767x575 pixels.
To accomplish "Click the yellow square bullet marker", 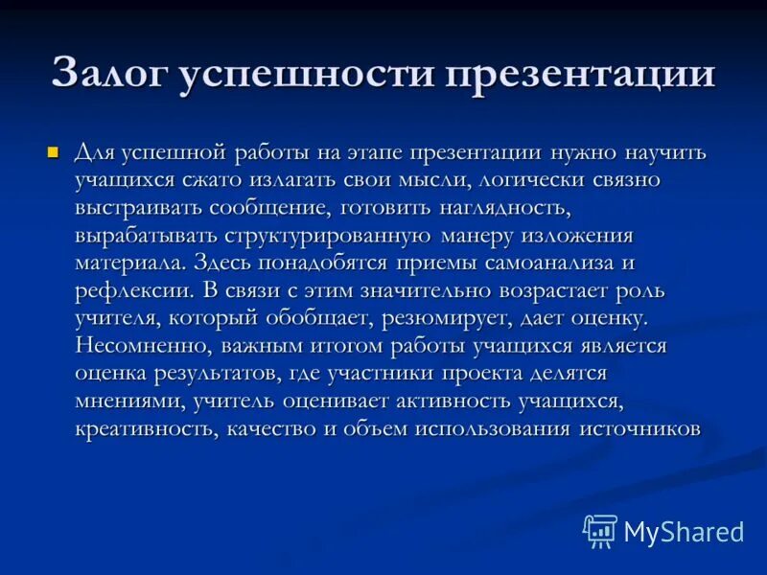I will (54, 152).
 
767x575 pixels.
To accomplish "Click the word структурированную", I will (332, 236).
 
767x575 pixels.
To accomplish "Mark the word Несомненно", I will (136, 345).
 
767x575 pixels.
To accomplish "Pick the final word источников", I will (639, 428).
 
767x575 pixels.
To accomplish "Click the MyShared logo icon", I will (599, 531).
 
